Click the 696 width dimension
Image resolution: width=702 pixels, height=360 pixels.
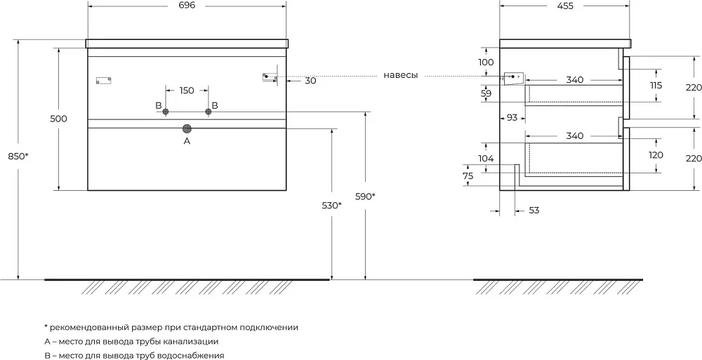[x=187, y=6]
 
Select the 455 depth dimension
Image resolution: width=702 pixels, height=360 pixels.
[x=565, y=6]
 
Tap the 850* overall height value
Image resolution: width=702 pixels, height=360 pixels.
[x=18, y=156]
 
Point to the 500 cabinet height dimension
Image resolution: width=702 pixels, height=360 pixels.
[x=59, y=119]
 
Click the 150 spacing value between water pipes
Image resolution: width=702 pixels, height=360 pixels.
[x=187, y=91]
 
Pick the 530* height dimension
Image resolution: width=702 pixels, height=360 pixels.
[x=332, y=206]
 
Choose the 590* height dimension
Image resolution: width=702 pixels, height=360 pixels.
[x=365, y=196]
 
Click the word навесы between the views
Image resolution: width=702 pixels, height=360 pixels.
[x=401, y=76]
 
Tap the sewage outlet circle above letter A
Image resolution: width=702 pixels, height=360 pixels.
[x=187, y=129]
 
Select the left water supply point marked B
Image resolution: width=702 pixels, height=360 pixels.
[x=166, y=112]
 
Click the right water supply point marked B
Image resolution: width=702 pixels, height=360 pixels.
[x=208, y=112]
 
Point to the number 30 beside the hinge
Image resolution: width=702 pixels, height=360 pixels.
[x=310, y=81]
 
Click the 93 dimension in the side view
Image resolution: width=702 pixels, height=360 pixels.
[x=512, y=118]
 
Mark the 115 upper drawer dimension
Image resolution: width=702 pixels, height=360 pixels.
[x=656, y=86]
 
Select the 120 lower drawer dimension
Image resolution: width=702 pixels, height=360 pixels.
[x=656, y=155]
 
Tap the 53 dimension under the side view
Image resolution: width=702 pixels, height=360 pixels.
[x=534, y=211]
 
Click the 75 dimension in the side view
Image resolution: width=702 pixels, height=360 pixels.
[x=468, y=176]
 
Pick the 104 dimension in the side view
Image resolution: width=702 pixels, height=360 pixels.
[x=486, y=158]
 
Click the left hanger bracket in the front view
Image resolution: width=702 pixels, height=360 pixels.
[x=103, y=81]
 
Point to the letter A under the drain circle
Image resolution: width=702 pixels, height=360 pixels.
[x=187, y=142]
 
